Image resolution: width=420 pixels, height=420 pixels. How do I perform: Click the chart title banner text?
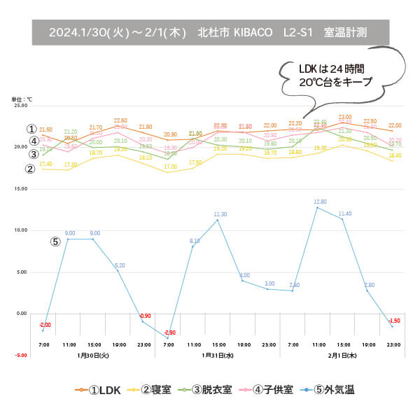coord(210,32)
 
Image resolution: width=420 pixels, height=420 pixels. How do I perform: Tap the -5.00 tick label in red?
coord(19,355)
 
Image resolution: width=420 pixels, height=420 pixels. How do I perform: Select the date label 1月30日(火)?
coord(93,356)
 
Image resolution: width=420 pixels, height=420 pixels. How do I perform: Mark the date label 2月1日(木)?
coord(342,356)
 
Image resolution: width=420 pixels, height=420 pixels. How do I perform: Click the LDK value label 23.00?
coord(345,117)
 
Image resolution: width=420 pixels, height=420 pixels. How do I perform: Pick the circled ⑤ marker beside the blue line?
coord(55,241)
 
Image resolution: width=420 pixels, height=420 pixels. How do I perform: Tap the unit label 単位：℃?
coord(21,99)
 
